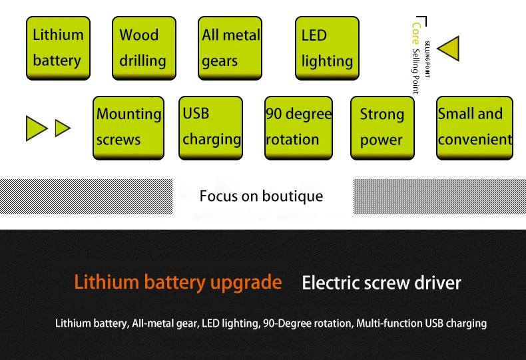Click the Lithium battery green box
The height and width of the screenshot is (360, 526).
[59, 49]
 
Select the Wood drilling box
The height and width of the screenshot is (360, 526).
[144, 49]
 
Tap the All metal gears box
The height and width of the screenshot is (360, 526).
[230, 49]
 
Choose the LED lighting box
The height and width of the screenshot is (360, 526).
[327, 49]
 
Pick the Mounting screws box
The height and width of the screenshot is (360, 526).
[129, 128]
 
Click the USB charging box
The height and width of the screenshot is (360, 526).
[210, 128]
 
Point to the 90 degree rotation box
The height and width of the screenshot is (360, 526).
[298, 128]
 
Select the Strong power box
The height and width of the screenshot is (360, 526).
[382, 128]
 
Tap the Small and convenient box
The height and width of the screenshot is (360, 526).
[475, 128]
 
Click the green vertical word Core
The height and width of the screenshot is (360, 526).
[416, 33]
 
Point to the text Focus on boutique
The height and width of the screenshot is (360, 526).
[261, 196]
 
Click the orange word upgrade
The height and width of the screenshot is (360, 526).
[246, 283]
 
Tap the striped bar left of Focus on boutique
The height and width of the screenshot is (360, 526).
[86, 196]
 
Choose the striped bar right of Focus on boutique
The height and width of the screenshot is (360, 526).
[439, 196]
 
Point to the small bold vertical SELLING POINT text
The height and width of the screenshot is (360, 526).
[427, 59]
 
